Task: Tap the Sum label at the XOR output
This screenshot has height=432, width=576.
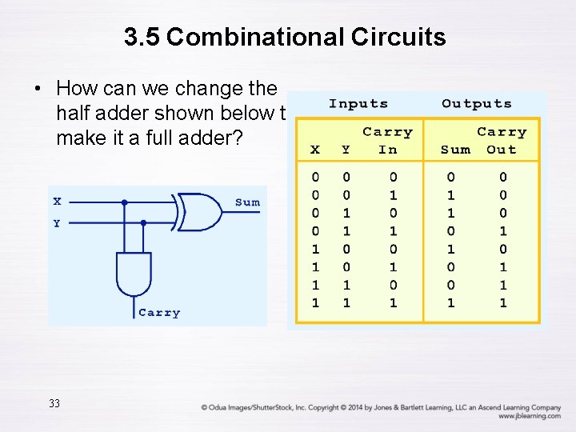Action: [247, 202]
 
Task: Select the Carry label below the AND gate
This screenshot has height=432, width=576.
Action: [159, 313]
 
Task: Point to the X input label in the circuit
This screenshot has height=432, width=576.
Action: [57, 202]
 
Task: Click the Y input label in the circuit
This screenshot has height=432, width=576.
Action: [57, 223]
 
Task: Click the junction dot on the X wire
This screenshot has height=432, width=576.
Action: [124, 202]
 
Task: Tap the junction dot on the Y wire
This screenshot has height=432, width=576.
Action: [143, 222]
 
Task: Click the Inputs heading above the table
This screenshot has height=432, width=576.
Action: [358, 104]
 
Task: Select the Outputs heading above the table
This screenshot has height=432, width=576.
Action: [476, 104]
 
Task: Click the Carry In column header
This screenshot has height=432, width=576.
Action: [387, 140]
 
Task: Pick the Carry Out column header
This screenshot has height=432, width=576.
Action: [502, 140]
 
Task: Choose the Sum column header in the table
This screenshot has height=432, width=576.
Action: [456, 150]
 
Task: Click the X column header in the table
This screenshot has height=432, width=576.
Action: [315, 150]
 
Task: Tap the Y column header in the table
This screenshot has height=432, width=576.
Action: [346, 150]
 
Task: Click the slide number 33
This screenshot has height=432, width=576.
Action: [54, 403]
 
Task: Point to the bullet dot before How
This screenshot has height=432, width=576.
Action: [38, 88]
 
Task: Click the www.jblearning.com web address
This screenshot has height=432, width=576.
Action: [529, 416]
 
